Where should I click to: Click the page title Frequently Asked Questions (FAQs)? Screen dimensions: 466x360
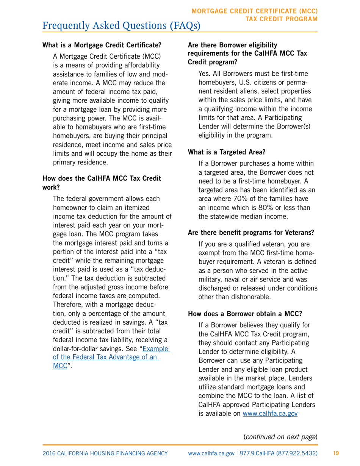coord(121,25)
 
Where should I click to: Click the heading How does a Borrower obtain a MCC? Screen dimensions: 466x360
coord(245,313)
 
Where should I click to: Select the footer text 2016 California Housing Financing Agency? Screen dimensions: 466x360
coord(105,453)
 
